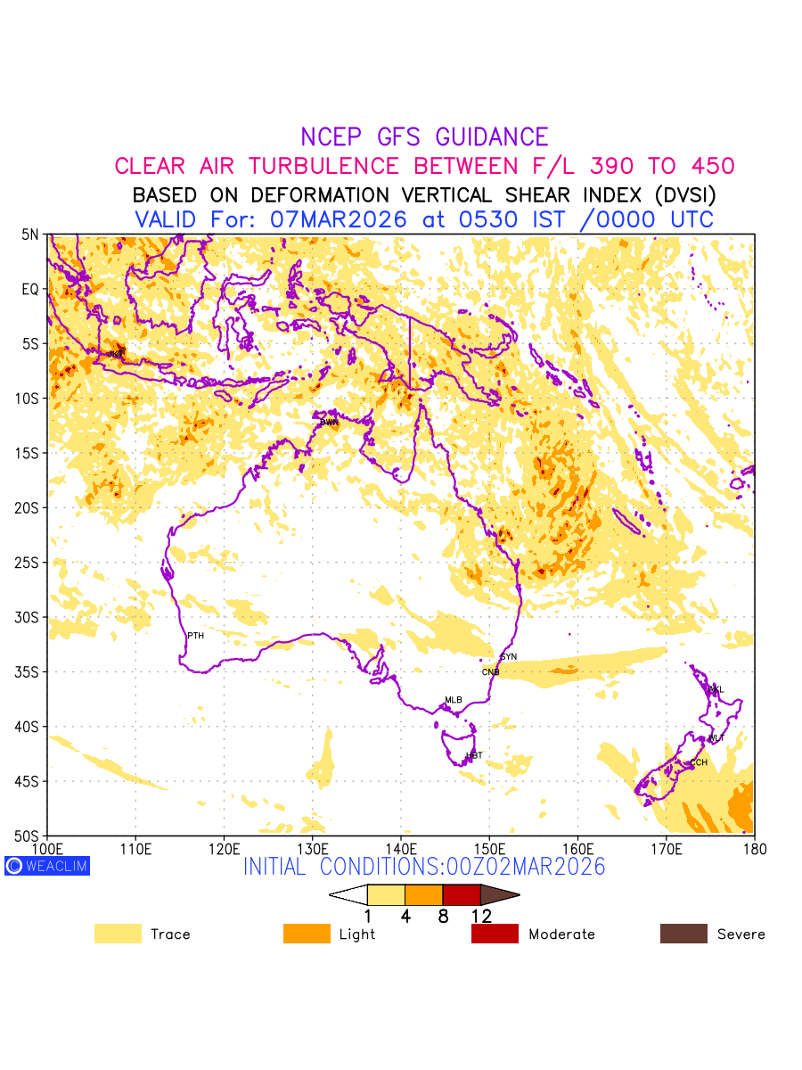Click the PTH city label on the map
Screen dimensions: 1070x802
coord(195,636)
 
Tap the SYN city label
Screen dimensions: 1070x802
coord(508,657)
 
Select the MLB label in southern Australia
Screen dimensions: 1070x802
coord(454,700)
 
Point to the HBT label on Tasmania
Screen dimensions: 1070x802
coord(474,756)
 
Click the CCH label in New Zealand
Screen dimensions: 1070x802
coord(699,762)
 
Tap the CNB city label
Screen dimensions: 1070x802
coord(490,672)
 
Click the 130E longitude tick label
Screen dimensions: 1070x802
coord(312,847)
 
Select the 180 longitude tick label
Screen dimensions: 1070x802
coord(754,847)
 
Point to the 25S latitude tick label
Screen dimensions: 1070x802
coord(30,563)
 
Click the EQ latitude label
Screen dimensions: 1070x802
coord(31,289)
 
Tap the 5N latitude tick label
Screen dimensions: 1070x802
coord(31,235)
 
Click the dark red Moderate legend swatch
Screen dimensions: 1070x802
coord(495,934)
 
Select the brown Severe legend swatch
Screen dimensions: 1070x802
coord(683,934)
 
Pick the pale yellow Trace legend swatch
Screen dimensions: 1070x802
coord(118,934)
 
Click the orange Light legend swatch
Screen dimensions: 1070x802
coord(307,934)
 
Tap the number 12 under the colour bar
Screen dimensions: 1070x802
coord(481,915)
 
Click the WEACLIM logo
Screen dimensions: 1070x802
coord(47,866)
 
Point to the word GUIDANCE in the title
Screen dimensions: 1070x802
coord(492,137)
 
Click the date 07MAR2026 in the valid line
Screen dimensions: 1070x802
coord(339,219)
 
